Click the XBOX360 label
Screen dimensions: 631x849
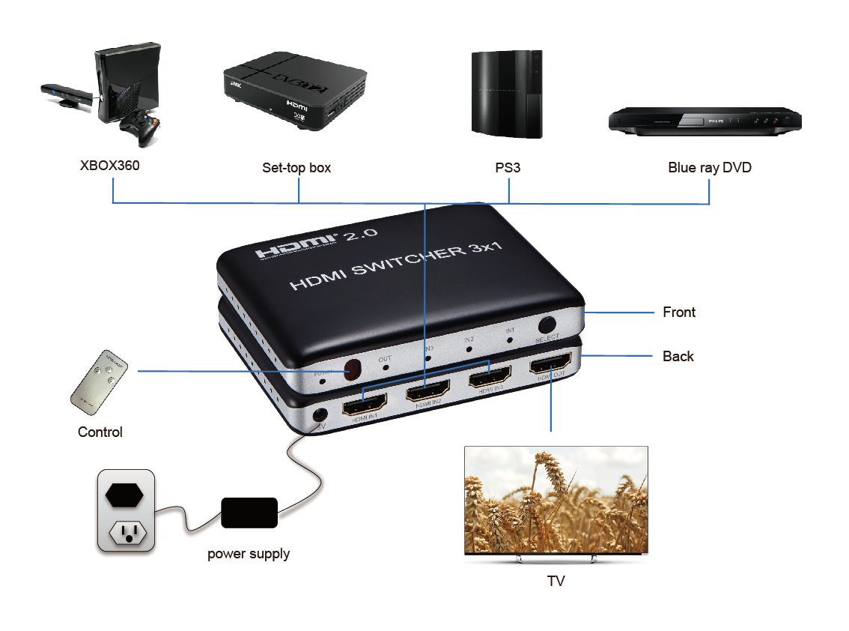[x=109, y=166]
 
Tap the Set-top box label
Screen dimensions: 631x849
[x=296, y=168]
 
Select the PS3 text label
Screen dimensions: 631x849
[x=508, y=167]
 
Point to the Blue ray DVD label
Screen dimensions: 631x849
[x=709, y=168]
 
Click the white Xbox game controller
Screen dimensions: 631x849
[x=140, y=128]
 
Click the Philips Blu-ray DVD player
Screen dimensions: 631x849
[x=704, y=121]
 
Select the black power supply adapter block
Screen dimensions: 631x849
[x=249, y=513]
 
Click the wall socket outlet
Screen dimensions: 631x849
[x=126, y=511]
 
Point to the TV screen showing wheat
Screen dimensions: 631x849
[x=556, y=501]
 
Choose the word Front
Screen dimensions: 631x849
[x=679, y=313]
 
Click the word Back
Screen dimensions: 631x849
[x=678, y=357]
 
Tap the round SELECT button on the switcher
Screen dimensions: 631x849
[x=547, y=325]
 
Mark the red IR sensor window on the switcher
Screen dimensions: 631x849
[x=351, y=369]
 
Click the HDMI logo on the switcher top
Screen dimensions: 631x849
[x=296, y=245]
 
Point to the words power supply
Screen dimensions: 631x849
[x=249, y=555]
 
